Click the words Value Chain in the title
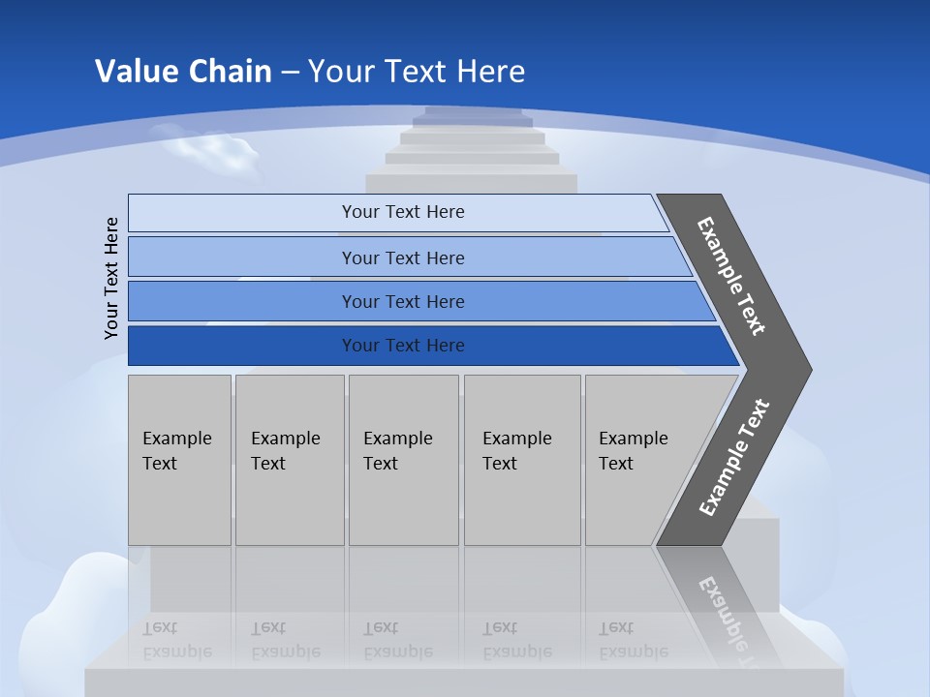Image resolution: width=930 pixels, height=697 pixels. [x=183, y=72]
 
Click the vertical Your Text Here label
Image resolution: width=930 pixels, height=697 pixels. [x=111, y=278]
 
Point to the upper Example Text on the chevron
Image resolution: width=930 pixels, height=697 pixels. [x=731, y=276]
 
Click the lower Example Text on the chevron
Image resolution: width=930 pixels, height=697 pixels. [x=734, y=458]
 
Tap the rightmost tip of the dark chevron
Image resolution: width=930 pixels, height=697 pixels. [x=809, y=370]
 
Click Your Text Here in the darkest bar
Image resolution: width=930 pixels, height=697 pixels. [x=403, y=346]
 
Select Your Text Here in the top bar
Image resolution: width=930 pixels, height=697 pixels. [x=403, y=212]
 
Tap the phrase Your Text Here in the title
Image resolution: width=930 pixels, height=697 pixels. [x=417, y=72]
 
